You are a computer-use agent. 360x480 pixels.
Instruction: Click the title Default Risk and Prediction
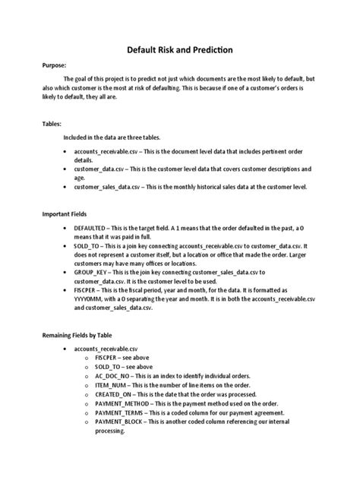point(179,51)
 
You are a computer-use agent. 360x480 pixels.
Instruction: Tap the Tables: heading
point(52,122)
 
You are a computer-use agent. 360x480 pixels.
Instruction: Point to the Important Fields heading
point(66,215)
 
